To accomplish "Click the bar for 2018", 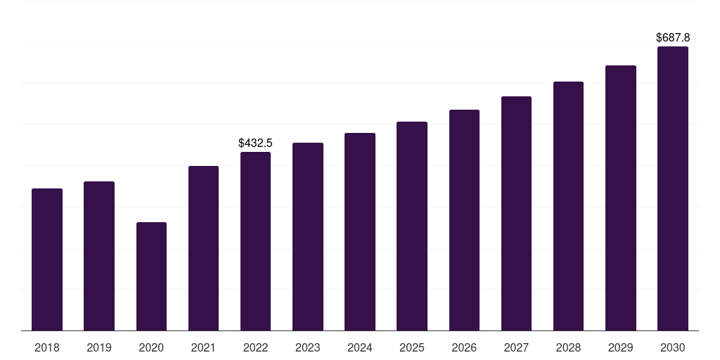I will click(x=47, y=259).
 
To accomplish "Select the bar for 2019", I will click(x=99, y=256).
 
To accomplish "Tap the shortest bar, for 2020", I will click(x=151, y=276).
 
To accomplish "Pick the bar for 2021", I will click(x=203, y=248).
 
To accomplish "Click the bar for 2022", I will click(x=255, y=241).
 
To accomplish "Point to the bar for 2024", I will click(x=360, y=231).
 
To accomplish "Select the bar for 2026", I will click(x=464, y=220).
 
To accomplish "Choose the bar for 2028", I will click(x=568, y=206).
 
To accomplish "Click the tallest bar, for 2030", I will click(x=673, y=188).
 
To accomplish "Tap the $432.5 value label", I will click(x=255, y=143).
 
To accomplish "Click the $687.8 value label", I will click(x=673, y=37).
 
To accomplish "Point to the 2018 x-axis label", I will click(x=47, y=347).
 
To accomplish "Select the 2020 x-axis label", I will click(x=151, y=347).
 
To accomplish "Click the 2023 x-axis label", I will click(x=308, y=347).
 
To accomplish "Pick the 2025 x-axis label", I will click(x=412, y=347).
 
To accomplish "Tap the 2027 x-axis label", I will click(x=516, y=347).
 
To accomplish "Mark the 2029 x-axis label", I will click(x=621, y=347).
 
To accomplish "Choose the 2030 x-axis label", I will click(x=673, y=347).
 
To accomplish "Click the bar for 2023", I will click(x=308, y=236).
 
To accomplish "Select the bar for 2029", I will click(x=621, y=198).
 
